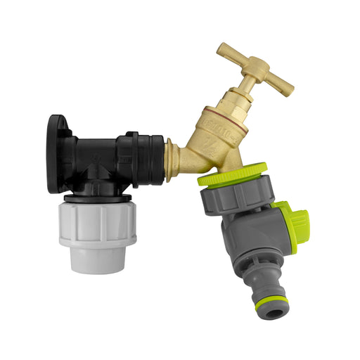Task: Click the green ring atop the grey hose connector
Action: coord(231,174)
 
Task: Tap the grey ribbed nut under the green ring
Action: coord(236,198)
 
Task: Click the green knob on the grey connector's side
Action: coord(288,225)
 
